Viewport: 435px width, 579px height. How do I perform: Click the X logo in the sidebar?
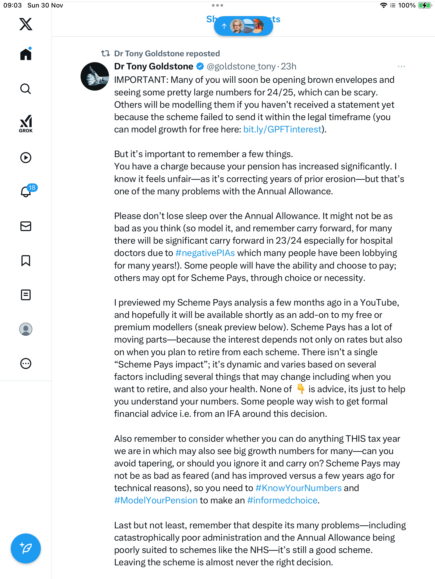[26, 24]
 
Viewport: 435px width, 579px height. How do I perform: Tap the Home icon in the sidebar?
[26, 54]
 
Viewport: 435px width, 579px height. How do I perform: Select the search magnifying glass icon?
[26, 89]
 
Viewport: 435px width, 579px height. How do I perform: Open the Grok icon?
[26, 124]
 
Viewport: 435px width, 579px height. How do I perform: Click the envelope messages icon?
[26, 226]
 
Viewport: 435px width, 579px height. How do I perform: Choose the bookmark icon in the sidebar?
[26, 261]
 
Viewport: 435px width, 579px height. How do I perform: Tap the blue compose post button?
[26, 548]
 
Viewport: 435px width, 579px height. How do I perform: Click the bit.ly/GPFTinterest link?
[282, 129]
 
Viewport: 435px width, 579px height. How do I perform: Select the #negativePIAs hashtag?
[205, 253]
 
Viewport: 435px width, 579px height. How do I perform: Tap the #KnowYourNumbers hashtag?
[298, 488]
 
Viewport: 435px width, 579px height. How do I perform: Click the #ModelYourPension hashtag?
[156, 500]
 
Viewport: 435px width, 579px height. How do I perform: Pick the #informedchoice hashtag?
[282, 500]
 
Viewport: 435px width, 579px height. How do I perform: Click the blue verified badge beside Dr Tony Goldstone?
[200, 66]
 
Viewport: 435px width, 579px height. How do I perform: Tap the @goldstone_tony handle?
[241, 66]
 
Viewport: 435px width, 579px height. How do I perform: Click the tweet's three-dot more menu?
[401, 66]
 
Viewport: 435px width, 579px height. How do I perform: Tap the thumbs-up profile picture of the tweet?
[95, 76]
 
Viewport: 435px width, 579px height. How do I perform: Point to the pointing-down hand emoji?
[301, 389]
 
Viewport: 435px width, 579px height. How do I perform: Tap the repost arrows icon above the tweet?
[106, 54]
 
